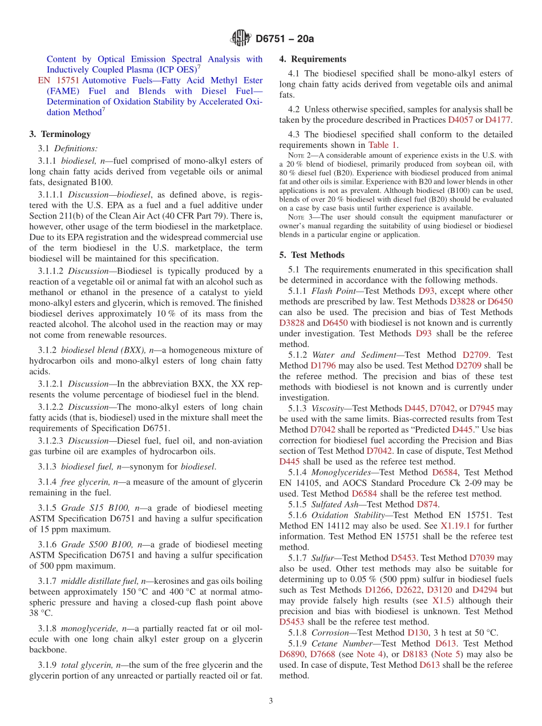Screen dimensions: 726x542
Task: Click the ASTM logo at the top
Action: click(240, 38)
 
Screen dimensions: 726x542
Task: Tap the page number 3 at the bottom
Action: click(271, 701)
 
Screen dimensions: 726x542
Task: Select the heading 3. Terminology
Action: click(60, 134)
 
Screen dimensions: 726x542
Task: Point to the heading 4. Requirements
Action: click(313, 59)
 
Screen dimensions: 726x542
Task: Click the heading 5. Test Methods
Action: click(312, 255)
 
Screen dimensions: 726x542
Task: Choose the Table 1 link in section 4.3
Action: click(382, 145)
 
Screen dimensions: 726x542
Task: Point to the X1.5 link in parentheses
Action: click(442, 600)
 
